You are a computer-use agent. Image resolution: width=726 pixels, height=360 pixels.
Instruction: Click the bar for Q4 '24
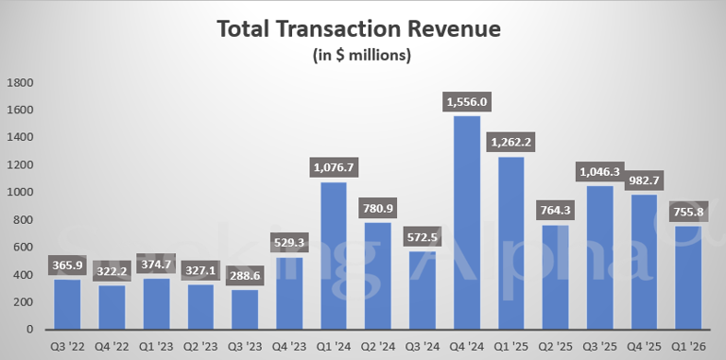[467, 223]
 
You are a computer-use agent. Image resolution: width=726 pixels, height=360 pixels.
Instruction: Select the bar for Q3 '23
[245, 310]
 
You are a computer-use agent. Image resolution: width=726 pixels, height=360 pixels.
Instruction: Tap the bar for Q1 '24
[334, 256]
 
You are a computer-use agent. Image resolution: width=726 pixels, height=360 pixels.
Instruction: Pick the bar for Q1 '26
[688, 278]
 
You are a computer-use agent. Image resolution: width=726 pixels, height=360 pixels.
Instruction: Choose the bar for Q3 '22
[67, 304]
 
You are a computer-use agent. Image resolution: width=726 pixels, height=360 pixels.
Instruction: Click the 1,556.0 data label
[467, 102]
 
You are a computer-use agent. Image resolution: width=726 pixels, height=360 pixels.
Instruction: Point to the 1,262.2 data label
[511, 142]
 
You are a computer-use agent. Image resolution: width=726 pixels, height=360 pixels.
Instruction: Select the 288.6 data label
[245, 276]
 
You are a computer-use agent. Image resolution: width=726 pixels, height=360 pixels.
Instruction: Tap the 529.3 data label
[289, 243]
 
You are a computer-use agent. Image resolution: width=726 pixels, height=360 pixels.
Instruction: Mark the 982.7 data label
[644, 180]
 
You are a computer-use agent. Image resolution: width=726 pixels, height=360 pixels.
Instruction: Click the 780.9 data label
[378, 208]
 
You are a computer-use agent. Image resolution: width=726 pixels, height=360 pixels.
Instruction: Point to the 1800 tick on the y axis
[21, 83]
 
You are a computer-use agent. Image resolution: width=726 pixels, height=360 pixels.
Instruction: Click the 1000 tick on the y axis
[21, 193]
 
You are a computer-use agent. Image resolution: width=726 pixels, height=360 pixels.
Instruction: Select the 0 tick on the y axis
[30, 330]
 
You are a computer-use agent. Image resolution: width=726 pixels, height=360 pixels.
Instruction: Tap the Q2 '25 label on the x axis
[555, 347]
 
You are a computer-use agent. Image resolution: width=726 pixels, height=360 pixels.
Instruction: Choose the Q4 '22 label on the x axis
[112, 347]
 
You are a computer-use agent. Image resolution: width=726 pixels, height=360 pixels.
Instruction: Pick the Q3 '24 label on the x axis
[423, 347]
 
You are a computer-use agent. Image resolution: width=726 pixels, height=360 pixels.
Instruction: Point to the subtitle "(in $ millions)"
[362, 56]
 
